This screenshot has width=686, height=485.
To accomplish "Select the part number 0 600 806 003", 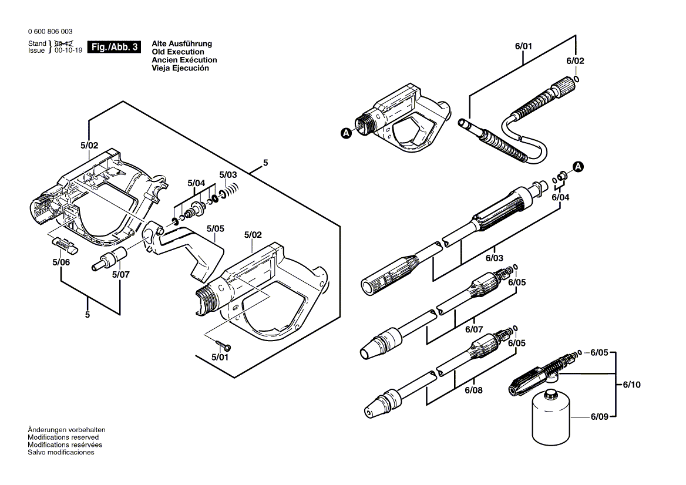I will pos(51,32).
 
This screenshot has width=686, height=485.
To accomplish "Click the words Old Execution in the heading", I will pos(178,52).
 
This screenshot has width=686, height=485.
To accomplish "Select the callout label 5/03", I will pos(228,175).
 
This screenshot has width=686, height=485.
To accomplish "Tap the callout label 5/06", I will pos(60,262).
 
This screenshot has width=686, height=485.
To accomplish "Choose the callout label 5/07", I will pos(120,274).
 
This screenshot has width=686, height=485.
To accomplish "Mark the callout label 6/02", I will pos(575,61).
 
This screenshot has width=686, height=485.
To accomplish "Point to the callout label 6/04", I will pos(560,197).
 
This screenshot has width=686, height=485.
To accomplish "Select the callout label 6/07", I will pos(473,329).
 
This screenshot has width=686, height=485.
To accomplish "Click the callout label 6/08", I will pos(473,390).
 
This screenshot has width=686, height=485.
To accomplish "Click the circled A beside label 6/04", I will pos(578,167).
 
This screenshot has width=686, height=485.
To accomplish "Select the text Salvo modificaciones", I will pos(60,452).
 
